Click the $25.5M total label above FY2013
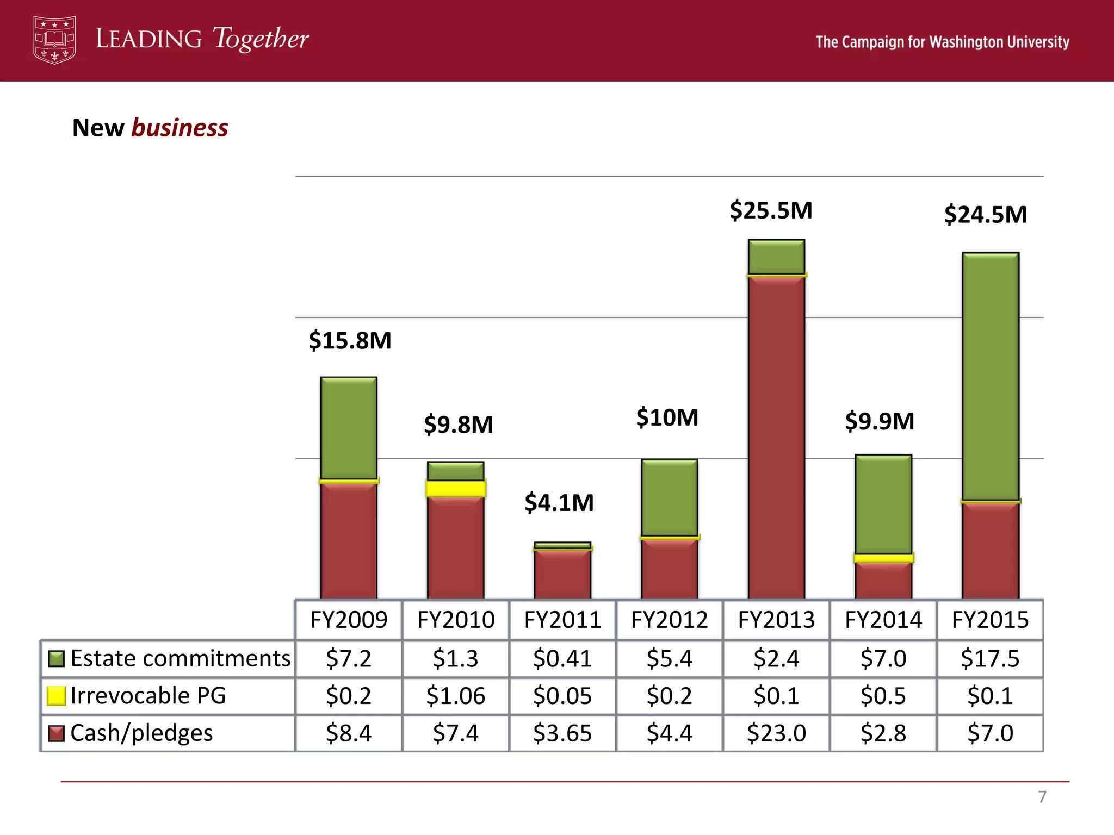click(x=771, y=210)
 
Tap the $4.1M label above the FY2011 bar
click(x=559, y=502)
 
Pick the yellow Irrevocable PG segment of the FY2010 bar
click(x=455, y=488)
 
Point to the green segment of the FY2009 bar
click(x=349, y=428)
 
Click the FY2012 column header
click(x=669, y=620)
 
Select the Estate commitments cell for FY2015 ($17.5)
click(x=990, y=658)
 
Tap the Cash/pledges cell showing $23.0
click(x=776, y=733)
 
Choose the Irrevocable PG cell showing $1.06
click(x=455, y=696)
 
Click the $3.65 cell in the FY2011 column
click(x=562, y=733)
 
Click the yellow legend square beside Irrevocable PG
click(x=56, y=696)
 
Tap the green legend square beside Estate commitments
click(x=56, y=658)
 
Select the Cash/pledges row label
click(x=141, y=733)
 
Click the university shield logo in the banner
click(x=54, y=40)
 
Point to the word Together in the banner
click(x=261, y=39)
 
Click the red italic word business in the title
click(x=180, y=128)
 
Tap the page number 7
click(x=1042, y=797)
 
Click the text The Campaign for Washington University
click(x=942, y=42)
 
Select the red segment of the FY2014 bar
click(x=883, y=580)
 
